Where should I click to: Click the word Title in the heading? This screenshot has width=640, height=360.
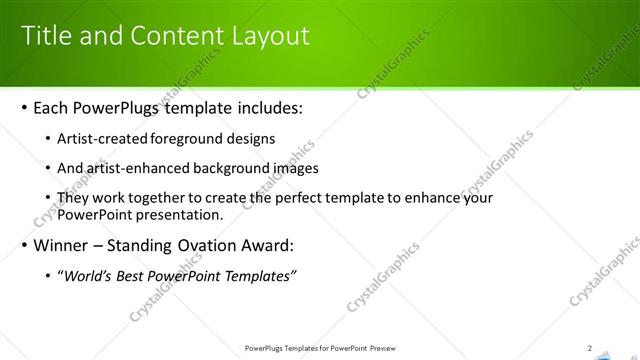point(47,37)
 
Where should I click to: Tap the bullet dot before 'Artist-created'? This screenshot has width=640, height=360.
point(51,139)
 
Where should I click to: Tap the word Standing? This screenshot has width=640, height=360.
point(147,246)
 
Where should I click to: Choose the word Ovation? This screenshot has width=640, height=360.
point(216,246)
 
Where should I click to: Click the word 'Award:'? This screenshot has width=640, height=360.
point(272,246)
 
